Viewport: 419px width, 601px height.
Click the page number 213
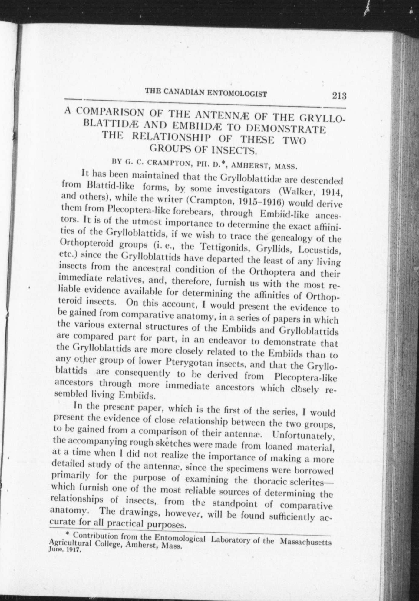[x=339, y=96]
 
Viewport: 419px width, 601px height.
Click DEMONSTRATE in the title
[x=285, y=129]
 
